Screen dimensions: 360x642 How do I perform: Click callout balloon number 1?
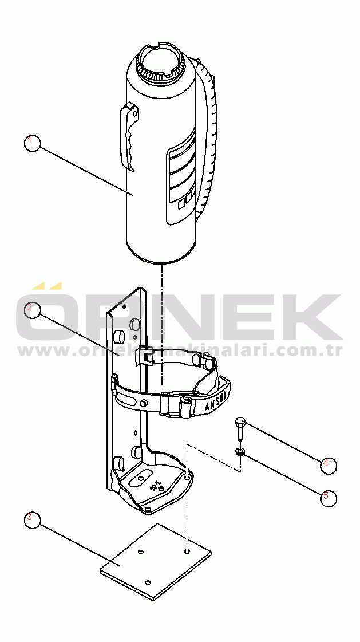point(33,143)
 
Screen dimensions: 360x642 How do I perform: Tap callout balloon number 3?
point(33,519)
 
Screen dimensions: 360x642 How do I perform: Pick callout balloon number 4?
point(328,464)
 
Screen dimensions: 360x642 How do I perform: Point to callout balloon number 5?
point(328,498)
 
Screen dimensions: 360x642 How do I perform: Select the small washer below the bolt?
point(241,453)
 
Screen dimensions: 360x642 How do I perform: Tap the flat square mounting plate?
point(155,561)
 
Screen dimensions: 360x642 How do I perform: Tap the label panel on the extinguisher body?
point(182,178)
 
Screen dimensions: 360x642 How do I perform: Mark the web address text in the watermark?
point(180,350)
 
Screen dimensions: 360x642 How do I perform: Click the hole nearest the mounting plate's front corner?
point(148,582)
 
